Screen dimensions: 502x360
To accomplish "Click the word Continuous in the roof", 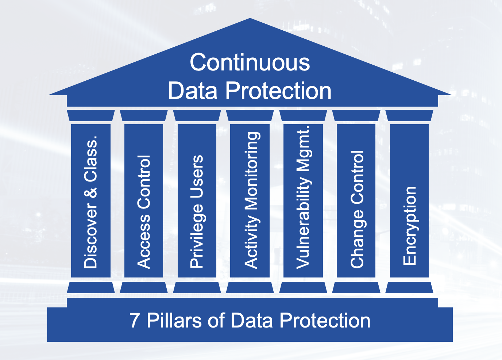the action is coord(250,62).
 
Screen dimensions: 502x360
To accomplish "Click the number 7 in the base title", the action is coord(134,321).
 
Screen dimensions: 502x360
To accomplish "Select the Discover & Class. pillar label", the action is coord(90,202).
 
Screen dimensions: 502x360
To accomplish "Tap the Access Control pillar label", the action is coord(144,212).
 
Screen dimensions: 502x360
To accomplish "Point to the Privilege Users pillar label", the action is coord(197,211).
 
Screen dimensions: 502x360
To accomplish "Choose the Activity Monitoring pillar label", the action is coord(252,200).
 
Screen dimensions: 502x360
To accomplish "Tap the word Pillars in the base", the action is coord(174,321).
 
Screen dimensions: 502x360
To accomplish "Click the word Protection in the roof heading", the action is coord(278,91).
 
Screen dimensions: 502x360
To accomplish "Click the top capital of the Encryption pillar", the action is coord(409,115).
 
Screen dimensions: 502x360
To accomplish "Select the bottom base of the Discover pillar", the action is coord(91,288).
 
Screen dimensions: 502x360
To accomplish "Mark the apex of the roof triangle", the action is coord(250,18).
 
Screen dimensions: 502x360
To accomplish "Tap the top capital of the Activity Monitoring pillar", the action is coord(250,115).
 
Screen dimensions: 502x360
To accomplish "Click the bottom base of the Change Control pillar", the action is coord(356,288).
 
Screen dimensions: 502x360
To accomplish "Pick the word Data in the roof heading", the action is coord(193,91).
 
